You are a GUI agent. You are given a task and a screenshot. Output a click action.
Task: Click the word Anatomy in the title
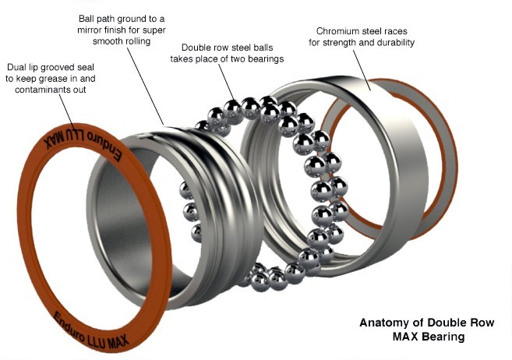tap(383, 323)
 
